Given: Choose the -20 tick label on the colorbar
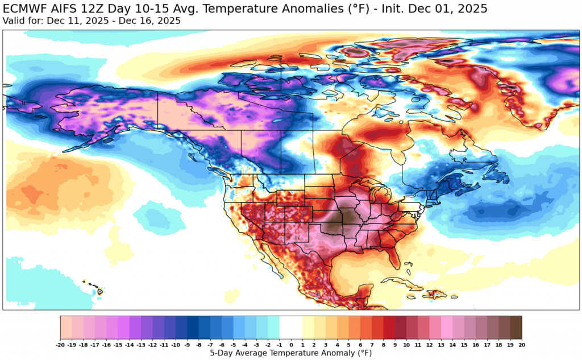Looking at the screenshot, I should (x=60, y=344).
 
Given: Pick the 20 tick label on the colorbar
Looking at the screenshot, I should (x=522, y=344).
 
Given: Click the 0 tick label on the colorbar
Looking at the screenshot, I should (x=291, y=344).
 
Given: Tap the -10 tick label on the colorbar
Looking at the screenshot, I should (x=176, y=344).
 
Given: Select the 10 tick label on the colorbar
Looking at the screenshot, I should (x=406, y=344).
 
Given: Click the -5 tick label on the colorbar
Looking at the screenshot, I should (x=234, y=344).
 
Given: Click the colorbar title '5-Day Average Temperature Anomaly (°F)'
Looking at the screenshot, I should (x=291, y=353).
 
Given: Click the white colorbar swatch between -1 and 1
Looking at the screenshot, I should (x=291, y=328).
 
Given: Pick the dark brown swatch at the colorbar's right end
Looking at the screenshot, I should (x=516, y=328).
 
